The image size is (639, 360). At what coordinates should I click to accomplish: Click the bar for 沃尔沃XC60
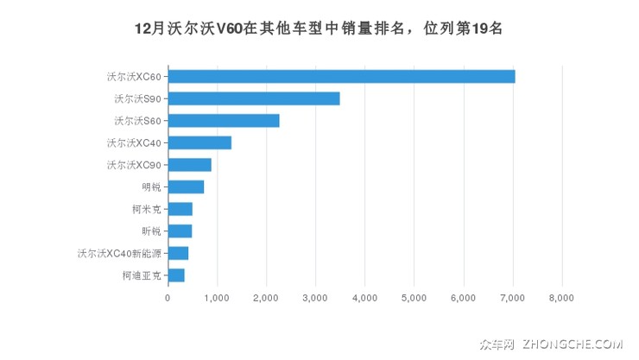341,76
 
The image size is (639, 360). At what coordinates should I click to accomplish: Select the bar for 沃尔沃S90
254,98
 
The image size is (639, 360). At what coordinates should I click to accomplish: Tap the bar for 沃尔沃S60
224,121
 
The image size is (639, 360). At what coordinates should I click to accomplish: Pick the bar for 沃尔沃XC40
199,142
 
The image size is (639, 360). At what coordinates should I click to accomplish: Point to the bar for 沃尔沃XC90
190,165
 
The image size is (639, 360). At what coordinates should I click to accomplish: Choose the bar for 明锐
186,186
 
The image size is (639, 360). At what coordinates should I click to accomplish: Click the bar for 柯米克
180,209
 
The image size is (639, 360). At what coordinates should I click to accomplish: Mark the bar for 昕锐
180,231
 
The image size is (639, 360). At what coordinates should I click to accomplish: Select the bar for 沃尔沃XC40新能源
178,253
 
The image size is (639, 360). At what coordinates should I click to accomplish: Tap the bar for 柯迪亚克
176,275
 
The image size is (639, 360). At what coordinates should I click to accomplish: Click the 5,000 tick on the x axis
414,298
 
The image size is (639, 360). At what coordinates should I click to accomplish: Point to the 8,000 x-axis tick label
562,298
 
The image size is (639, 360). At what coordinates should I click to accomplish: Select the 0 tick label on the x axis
168,298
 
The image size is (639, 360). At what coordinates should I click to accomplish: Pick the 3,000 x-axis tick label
316,298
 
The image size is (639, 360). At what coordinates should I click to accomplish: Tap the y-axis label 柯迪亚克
141,275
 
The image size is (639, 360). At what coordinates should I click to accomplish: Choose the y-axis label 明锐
150,186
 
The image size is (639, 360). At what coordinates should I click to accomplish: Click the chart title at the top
319,28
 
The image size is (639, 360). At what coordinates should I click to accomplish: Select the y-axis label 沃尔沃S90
136,98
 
